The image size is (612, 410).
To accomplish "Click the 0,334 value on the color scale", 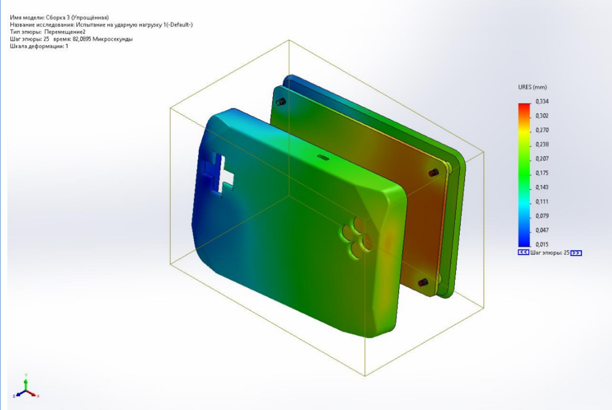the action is click(x=542, y=101).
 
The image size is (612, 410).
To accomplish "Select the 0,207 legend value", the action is click(x=542, y=158).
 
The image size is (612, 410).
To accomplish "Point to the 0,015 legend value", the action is click(x=542, y=244).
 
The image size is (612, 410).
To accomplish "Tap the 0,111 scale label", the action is click(x=542, y=202).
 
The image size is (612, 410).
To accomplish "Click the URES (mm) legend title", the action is click(x=532, y=87).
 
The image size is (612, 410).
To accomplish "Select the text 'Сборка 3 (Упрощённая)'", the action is click(x=77, y=17).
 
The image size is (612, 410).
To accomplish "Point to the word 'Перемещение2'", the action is click(x=65, y=32).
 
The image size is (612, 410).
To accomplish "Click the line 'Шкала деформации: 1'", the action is click(x=39, y=46).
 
